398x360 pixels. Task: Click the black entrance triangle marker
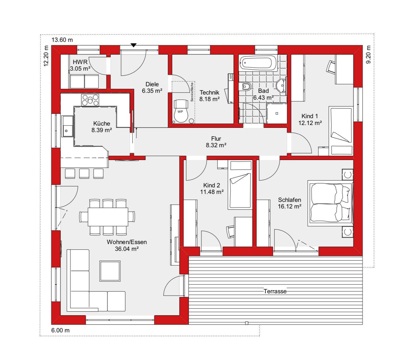pos(134,45)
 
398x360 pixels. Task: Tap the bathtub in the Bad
pos(258,63)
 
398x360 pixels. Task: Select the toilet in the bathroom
pos(245,87)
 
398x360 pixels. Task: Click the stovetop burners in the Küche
pos(90,100)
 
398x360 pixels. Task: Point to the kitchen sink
pos(67,126)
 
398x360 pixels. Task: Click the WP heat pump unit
pos(181,111)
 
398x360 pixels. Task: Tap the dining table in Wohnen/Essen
pos(108,217)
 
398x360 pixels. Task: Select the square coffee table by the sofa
pos(110,271)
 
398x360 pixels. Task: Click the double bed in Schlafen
pos(330,203)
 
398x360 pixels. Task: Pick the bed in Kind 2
pos(240,185)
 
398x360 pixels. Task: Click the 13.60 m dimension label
pos(62,40)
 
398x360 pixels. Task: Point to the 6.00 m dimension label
pos(60,330)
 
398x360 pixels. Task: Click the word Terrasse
pos(275,291)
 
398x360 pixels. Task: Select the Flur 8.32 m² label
pos(216,142)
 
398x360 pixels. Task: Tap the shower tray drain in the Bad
pos(277,113)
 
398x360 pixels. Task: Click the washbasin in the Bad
pos(281,86)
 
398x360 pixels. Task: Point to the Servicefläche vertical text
pos(192,92)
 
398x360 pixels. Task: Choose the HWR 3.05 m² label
pos(80,65)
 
